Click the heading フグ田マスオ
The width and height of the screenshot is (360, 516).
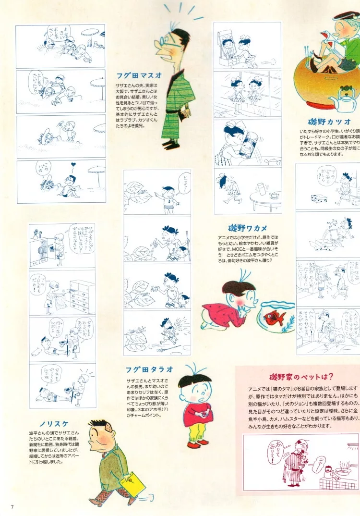[x=138, y=75]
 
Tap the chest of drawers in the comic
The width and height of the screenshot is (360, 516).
[x=82, y=295]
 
